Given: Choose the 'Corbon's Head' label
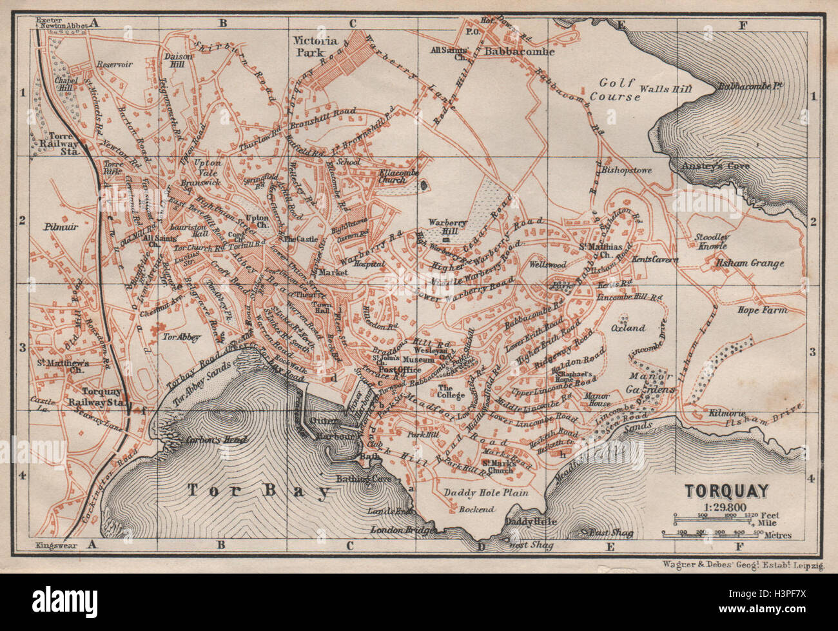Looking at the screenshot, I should coord(208,441).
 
